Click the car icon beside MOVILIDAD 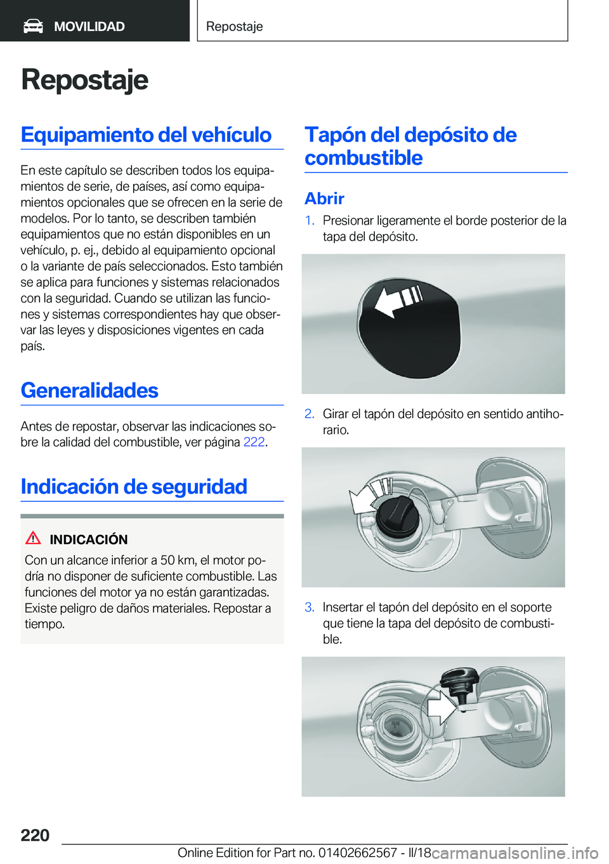click(x=33, y=26)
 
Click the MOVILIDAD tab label click(x=89, y=27)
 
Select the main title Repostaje click(x=84, y=80)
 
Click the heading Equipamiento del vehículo click(x=146, y=134)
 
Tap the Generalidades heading click(x=89, y=390)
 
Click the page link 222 click(x=254, y=442)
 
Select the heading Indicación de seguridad click(x=134, y=487)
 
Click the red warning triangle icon click(x=33, y=539)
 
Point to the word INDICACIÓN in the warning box click(x=89, y=540)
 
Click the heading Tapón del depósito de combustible click(x=410, y=146)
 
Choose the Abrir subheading click(x=324, y=199)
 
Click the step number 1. click(x=310, y=221)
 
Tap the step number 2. click(x=310, y=414)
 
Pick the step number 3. click(x=310, y=608)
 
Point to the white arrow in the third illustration click(x=440, y=707)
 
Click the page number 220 click(x=35, y=835)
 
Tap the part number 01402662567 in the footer click(x=357, y=853)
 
